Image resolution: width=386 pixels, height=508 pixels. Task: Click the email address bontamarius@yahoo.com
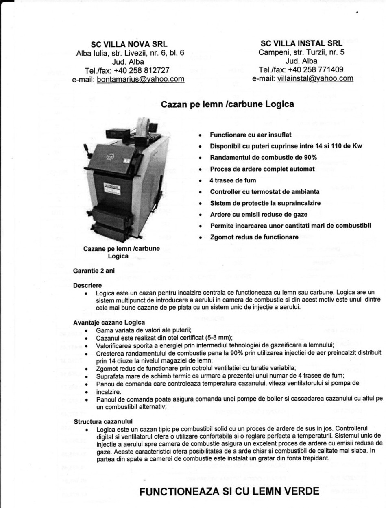(x=141, y=79)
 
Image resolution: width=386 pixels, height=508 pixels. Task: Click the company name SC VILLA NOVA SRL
(x=129, y=44)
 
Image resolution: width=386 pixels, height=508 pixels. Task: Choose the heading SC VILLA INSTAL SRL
(x=302, y=43)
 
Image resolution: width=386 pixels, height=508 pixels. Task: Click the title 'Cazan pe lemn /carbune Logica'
(x=227, y=104)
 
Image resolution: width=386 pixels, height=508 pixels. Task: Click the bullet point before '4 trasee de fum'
(x=200, y=180)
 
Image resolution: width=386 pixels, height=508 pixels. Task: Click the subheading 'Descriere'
(x=87, y=285)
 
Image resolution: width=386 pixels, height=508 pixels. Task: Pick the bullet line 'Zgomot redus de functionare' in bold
(x=254, y=237)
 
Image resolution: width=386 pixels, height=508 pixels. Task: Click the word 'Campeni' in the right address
(x=273, y=52)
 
